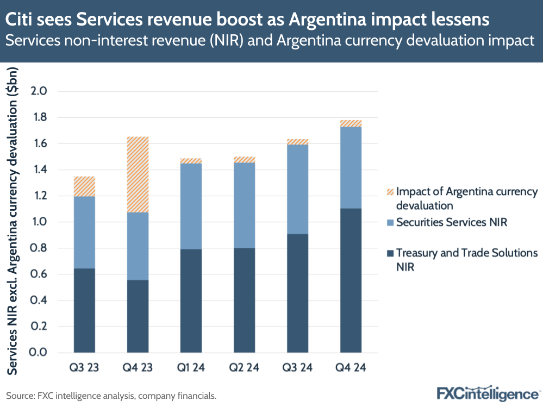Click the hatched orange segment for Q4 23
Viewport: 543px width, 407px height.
(x=138, y=174)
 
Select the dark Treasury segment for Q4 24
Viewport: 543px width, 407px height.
(x=351, y=280)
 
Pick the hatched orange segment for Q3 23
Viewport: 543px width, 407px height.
(x=84, y=186)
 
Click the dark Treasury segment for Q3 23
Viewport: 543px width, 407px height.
(x=84, y=310)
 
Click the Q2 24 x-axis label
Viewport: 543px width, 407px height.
(x=244, y=368)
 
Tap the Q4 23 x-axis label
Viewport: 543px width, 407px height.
(x=138, y=368)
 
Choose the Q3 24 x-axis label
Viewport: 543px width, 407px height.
(x=297, y=368)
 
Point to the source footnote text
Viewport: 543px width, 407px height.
(x=111, y=396)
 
